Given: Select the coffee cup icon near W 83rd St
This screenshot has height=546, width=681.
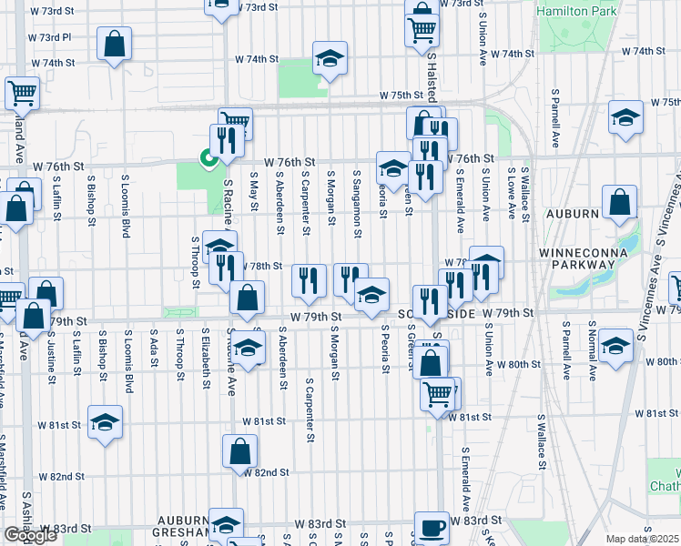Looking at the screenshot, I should (x=433, y=526).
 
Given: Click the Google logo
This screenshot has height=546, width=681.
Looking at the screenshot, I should (x=30, y=535).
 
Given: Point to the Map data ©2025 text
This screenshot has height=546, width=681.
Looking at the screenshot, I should (x=643, y=539).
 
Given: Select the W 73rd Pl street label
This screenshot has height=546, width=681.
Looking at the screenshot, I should (x=51, y=37).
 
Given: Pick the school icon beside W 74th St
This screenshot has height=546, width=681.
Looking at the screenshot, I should (x=330, y=59).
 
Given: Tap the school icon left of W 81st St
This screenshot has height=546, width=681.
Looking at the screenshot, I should (x=105, y=422).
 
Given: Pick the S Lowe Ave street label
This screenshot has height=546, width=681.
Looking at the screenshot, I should (x=513, y=194).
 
